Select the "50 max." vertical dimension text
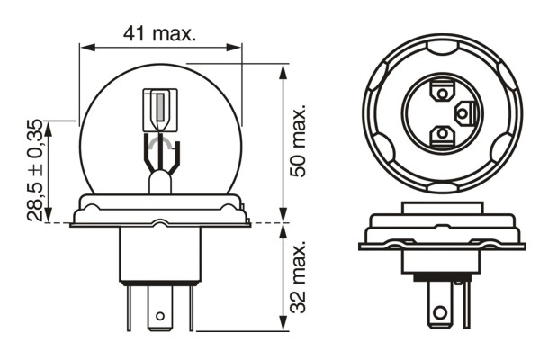point(300,139)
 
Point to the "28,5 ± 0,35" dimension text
point(33,171)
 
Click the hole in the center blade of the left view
point(160,317)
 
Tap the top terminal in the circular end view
point(442,91)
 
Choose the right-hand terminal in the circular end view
point(463,112)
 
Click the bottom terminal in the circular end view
point(442,134)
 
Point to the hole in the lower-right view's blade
point(440,311)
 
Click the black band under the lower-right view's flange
point(442,279)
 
